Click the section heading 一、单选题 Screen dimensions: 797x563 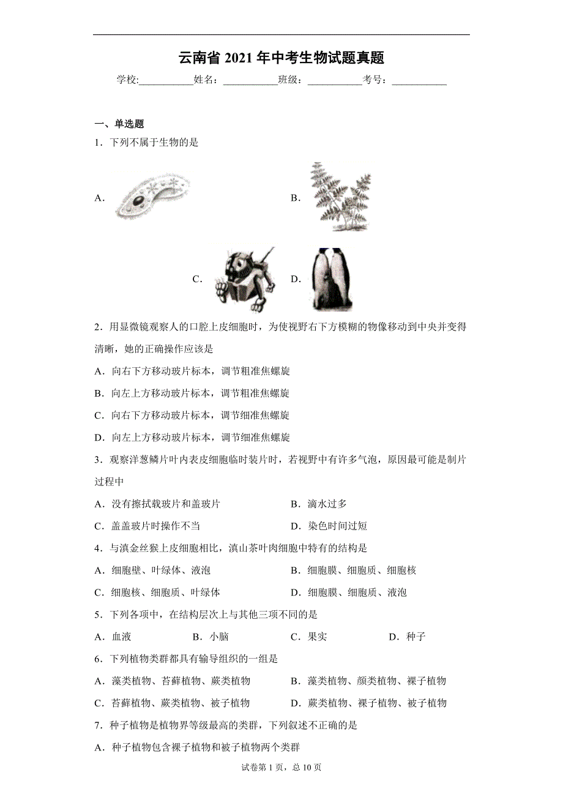[119, 124]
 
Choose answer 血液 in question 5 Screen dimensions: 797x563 [121, 637]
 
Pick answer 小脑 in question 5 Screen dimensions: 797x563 [218, 637]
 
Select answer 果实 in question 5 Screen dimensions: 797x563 [317, 637]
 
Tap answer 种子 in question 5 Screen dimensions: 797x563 [415, 637]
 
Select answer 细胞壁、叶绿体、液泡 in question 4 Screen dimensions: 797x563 [160, 571]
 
